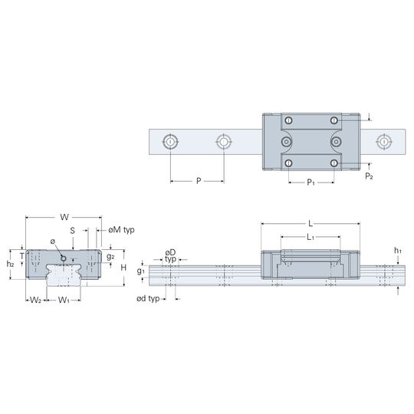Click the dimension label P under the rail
pos(199,181)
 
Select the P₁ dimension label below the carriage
pos(310,182)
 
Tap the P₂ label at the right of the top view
pos(369,176)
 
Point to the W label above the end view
pos(64,217)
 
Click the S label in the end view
pos(72,231)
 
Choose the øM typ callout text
pos(121,230)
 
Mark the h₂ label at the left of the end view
pos(10,264)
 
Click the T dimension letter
pos(22,256)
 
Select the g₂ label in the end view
pos(110,256)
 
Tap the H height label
pos(123,268)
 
